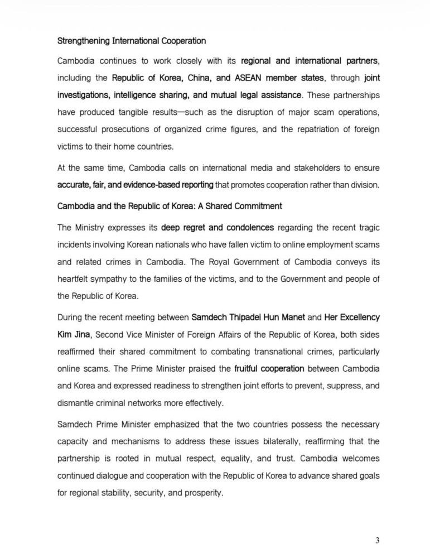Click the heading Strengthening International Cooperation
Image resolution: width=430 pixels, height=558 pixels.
(x=132, y=41)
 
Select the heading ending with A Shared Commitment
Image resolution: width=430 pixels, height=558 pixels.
(x=170, y=206)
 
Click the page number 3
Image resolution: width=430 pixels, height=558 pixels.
(x=378, y=539)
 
